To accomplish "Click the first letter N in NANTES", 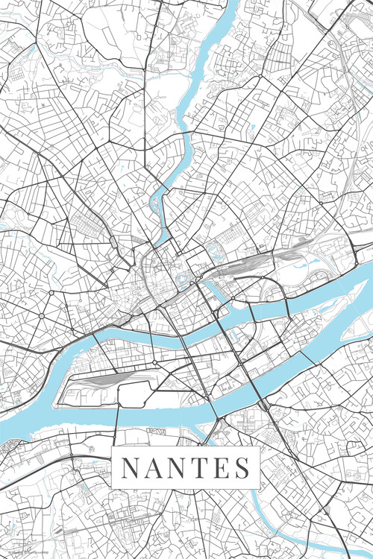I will click(x=129, y=468).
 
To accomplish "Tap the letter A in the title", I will click(x=152, y=468).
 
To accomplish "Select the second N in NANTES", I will click(x=177, y=468).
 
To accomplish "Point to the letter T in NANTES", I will click(x=199, y=468).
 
